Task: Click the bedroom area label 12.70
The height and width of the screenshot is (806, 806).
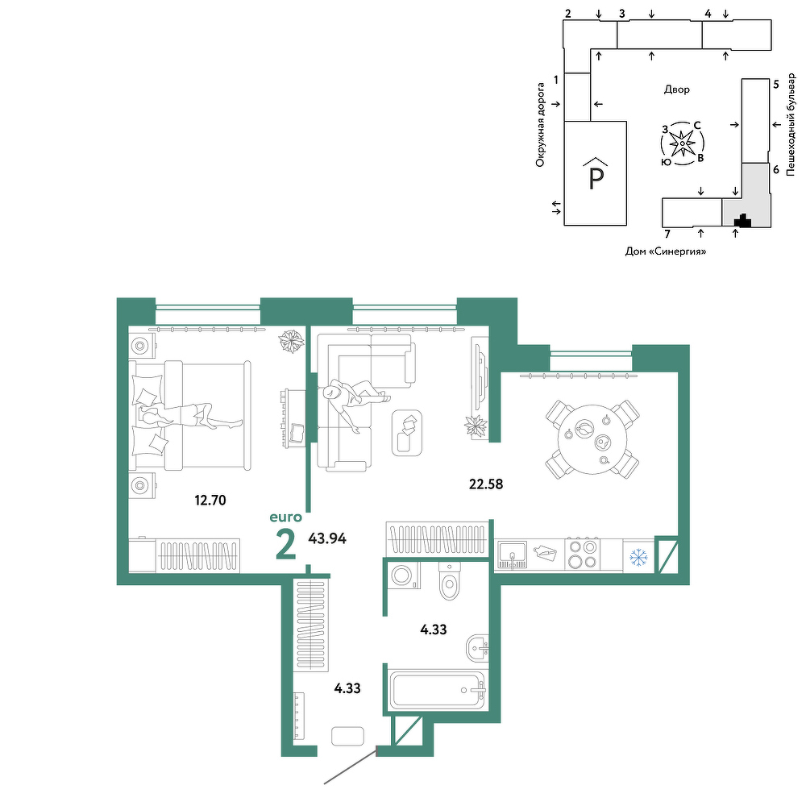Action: (210, 500)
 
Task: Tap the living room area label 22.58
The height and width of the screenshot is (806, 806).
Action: (486, 484)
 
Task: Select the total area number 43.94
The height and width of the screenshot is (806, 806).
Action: (327, 538)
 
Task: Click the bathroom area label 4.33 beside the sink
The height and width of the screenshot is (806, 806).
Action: (434, 629)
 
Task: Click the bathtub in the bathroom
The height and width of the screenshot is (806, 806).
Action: (438, 690)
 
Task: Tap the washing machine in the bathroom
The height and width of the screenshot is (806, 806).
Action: (405, 575)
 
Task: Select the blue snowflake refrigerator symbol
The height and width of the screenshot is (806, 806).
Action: (638, 556)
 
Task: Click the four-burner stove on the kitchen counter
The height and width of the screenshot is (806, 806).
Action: (583, 555)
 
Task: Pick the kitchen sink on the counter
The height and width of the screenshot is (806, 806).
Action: (512, 555)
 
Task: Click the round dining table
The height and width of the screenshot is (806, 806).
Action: (592, 439)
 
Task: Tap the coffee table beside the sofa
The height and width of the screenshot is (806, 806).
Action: (407, 432)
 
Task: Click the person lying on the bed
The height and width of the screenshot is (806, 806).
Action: (189, 415)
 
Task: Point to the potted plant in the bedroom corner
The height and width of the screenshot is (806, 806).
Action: (292, 340)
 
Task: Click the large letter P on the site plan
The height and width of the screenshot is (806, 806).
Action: (596, 179)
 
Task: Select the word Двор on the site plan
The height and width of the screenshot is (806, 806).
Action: (676, 89)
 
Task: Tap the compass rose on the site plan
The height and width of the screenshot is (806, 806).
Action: (682, 143)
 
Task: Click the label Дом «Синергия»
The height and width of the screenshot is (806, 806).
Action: (666, 251)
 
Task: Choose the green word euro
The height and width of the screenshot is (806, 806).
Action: (286, 517)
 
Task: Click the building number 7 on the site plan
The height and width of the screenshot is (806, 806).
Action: (667, 234)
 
